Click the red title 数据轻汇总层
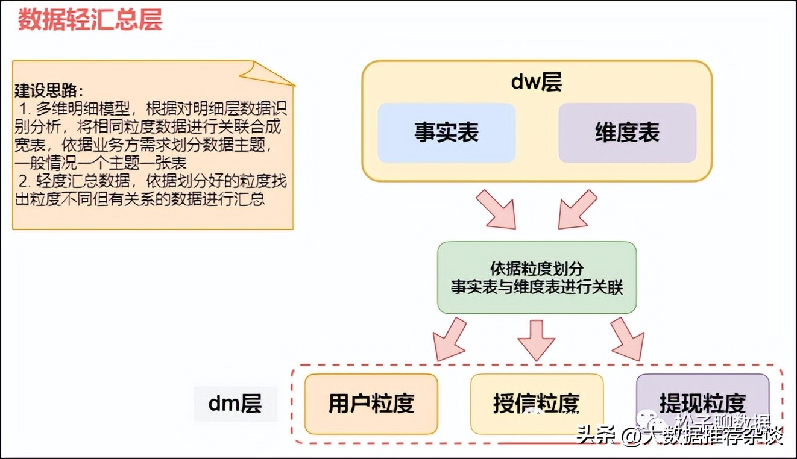[90, 20]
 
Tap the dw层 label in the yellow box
[536, 82]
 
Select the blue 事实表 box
[446, 133]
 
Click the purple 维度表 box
[627, 133]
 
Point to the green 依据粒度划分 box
[537, 278]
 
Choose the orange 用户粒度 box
[371, 404]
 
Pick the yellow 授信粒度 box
[537, 404]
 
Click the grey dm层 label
[235, 404]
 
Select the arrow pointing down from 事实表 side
[498, 210]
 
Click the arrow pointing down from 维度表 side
[576, 210]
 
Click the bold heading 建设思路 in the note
[49, 91]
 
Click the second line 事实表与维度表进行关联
[537, 287]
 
